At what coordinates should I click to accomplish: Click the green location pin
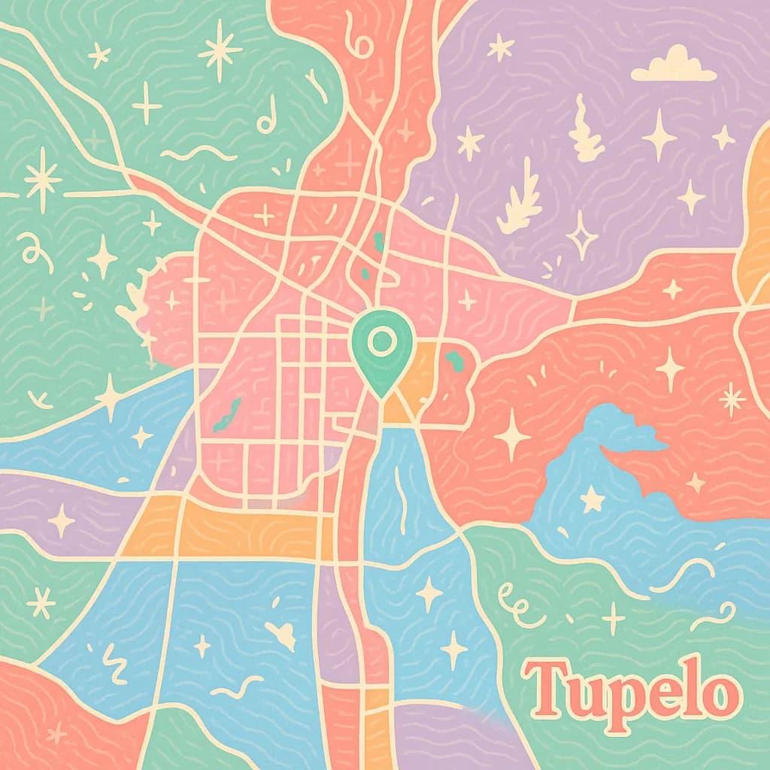coord(382,350)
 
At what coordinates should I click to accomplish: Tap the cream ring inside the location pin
coord(382,343)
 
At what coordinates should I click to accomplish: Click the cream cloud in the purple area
coord(673,65)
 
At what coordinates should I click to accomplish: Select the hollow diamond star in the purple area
coord(581,235)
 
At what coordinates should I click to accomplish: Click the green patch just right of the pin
coord(454,361)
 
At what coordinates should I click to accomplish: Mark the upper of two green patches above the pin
coord(378,241)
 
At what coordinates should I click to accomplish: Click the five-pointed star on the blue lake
coord(593,498)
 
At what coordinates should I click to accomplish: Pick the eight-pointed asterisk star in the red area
coord(731,399)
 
